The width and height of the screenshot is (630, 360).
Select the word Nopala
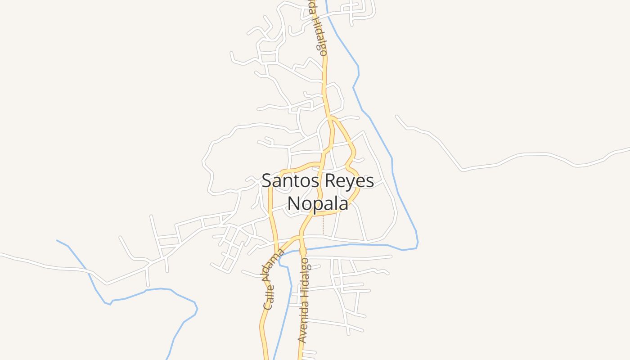pyautogui.click(x=318, y=203)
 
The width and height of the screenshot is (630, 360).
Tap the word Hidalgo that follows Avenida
pyautogui.click(x=305, y=278)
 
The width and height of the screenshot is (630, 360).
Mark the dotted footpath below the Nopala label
pyautogui.click(x=323, y=225)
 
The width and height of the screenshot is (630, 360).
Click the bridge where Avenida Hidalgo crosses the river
pyautogui.click(x=303, y=250)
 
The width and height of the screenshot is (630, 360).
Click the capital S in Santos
pyautogui.click(x=267, y=181)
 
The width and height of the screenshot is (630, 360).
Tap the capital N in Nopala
pyautogui.click(x=293, y=203)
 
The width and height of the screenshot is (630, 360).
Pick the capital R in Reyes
pyautogui.click(x=327, y=181)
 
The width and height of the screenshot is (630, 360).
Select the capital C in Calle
pyautogui.click(x=268, y=305)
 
